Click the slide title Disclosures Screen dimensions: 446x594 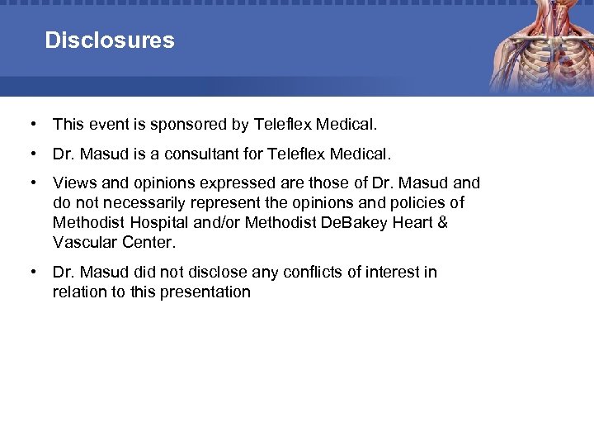tap(110, 40)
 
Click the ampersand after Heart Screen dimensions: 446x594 tap(442, 222)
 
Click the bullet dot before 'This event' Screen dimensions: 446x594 tap(31, 125)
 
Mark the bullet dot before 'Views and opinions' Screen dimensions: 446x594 tap(31, 183)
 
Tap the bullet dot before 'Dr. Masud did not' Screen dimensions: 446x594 tap(31, 272)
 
